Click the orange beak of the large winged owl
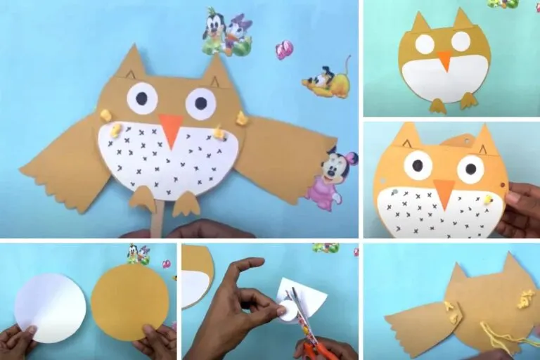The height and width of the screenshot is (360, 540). click(x=170, y=128)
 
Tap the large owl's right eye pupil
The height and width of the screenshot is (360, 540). click(x=200, y=103)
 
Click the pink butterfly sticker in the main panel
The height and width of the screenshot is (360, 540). click(x=284, y=50)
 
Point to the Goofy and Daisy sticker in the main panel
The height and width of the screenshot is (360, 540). click(x=226, y=32)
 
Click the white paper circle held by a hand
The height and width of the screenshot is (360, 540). click(x=50, y=308)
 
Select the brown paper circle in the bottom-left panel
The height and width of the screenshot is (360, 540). click(x=130, y=302)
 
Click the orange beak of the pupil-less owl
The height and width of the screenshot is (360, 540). click(x=444, y=60)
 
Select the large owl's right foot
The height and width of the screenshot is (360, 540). click(x=186, y=203)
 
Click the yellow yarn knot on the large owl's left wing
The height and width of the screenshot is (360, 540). click(x=106, y=114)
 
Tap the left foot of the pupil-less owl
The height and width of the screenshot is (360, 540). click(x=437, y=105)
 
